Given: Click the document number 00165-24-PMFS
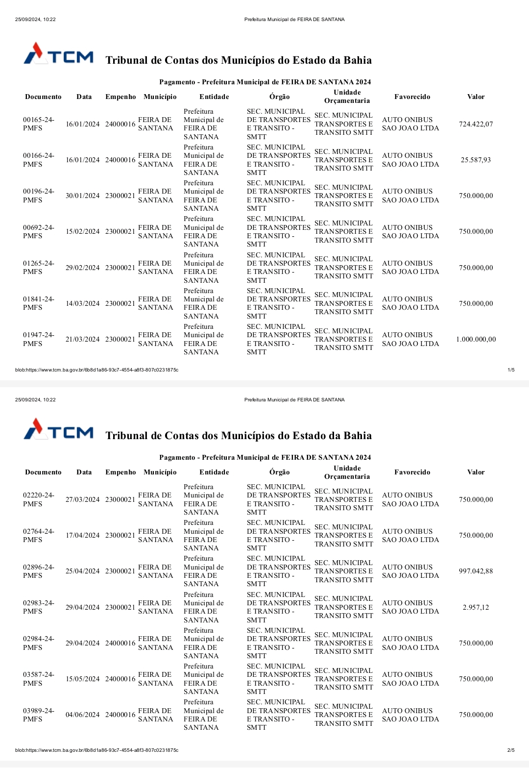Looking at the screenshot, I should (x=38, y=124).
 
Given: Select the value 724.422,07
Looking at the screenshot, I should (x=476, y=124).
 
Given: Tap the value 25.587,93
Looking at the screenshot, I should (x=476, y=160).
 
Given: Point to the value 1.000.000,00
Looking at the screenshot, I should (x=476, y=339).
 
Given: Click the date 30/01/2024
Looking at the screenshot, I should (x=82, y=196).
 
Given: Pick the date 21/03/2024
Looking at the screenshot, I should (x=82, y=339).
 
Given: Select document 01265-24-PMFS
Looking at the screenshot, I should (x=38, y=268).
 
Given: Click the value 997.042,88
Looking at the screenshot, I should (x=476, y=571).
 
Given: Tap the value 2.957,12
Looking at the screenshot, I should (x=476, y=607).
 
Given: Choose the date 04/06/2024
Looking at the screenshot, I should (x=82, y=715).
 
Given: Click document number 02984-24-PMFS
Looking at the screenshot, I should (x=38, y=643).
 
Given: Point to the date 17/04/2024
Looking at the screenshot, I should (x=82, y=535).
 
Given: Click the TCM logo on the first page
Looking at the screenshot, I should (x=58, y=54).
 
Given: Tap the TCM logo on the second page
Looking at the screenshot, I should (x=58, y=429).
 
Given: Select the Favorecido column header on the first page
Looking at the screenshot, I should (x=412, y=97).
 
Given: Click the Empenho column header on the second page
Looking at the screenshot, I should (x=120, y=472).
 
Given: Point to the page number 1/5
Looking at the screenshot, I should (x=511, y=370).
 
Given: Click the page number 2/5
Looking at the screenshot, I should (x=511, y=750).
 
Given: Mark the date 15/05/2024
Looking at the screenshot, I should (x=82, y=679).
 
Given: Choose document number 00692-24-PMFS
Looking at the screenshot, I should (x=38, y=231).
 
